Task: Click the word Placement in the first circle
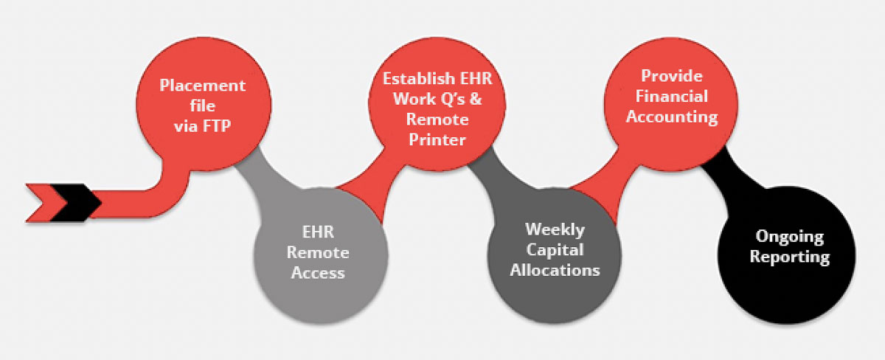click(202, 86)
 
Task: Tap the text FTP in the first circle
click(217, 126)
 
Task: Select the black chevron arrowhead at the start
click(76, 203)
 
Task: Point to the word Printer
click(437, 139)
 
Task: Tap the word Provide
click(672, 76)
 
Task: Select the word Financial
click(672, 97)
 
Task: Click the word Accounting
click(672, 117)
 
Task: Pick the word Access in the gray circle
click(318, 273)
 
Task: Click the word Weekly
click(555, 229)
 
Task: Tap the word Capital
click(555, 250)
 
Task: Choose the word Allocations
click(555, 270)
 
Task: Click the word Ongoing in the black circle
click(789, 236)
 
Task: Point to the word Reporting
click(789, 257)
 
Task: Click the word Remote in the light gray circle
click(318, 252)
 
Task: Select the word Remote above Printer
click(437, 120)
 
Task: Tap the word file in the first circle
click(202, 106)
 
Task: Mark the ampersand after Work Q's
click(476, 99)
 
